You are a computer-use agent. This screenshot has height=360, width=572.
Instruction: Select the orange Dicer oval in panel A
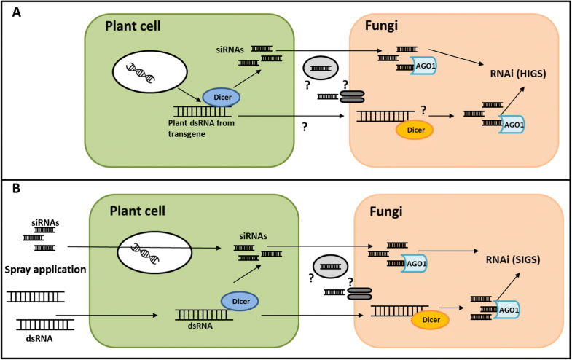click(414, 130)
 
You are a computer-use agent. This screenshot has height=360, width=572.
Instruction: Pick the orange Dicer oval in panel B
click(430, 318)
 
